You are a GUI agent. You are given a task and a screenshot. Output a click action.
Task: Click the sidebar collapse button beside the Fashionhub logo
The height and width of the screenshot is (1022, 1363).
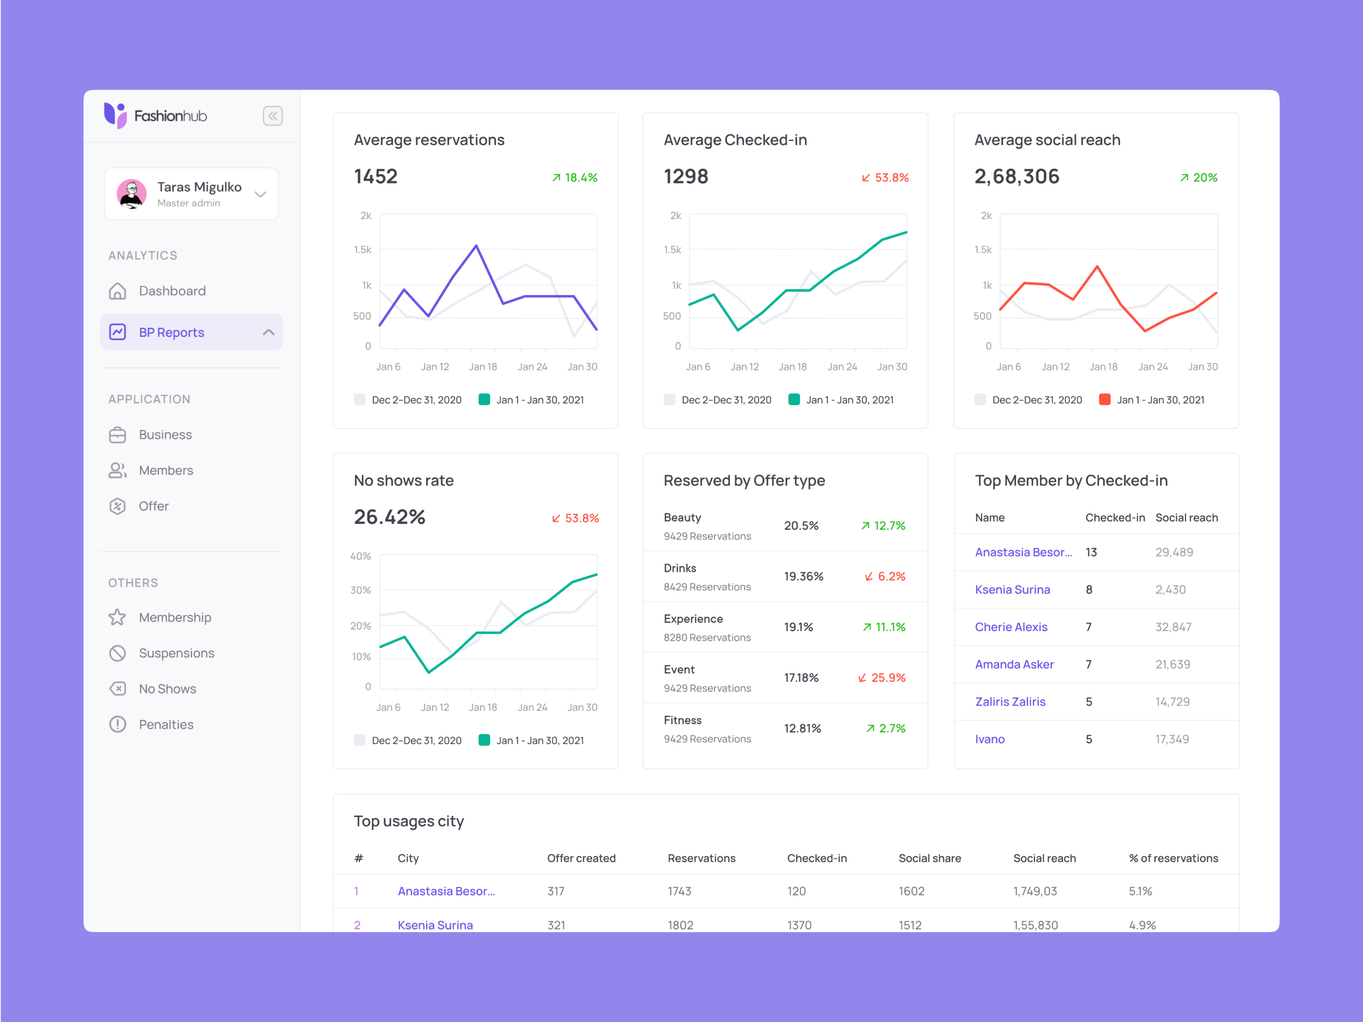(x=273, y=116)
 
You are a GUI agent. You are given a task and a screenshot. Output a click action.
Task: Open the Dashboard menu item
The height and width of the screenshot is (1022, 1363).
(x=172, y=291)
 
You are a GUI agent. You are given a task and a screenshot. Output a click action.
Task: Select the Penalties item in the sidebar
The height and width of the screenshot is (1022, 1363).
(x=166, y=724)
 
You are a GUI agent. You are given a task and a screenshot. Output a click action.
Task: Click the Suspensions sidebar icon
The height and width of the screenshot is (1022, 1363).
(x=118, y=653)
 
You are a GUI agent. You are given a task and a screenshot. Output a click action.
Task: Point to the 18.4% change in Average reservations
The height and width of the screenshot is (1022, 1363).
(x=575, y=178)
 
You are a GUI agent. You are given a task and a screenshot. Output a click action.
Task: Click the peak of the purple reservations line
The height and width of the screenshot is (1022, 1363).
(x=476, y=246)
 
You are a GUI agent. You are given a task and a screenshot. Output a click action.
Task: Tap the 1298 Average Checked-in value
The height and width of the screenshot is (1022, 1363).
(x=686, y=177)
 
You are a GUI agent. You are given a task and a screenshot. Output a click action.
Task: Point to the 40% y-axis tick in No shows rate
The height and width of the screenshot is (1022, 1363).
(x=361, y=556)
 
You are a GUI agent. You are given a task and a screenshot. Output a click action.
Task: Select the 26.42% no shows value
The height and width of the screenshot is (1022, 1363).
(x=390, y=517)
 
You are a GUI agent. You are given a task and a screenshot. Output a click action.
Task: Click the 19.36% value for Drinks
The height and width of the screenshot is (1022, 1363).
(x=803, y=576)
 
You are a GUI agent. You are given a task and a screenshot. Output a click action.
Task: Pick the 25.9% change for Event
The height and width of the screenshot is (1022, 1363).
(x=882, y=678)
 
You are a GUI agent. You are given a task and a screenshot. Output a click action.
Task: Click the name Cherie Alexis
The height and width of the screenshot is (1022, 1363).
(x=1010, y=627)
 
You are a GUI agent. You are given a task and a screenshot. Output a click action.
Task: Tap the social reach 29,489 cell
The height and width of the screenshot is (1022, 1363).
(x=1174, y=552)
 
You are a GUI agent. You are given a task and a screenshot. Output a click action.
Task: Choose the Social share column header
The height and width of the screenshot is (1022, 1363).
(x=929, y=858)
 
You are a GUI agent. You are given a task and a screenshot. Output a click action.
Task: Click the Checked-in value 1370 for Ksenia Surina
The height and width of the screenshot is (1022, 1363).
(x=799, y=924)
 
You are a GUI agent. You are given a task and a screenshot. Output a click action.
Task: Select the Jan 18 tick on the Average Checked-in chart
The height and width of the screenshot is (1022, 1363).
(x=792, y=367)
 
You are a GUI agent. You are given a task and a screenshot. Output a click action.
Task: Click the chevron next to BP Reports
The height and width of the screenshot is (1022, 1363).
(x=268, y=332)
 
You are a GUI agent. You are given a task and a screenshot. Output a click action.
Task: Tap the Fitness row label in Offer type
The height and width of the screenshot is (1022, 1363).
(x=682, y=720)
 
